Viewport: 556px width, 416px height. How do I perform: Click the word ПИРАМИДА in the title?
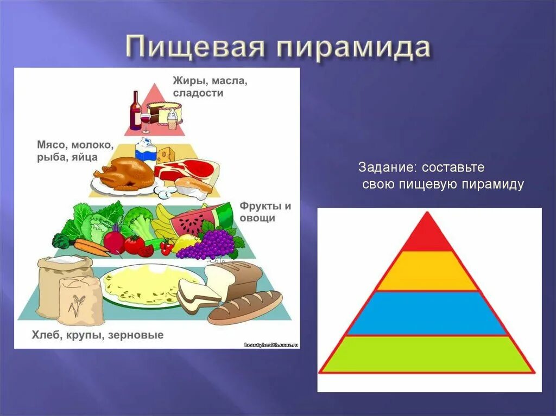coord(353,48)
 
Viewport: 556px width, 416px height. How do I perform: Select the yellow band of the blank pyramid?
coord(427,271)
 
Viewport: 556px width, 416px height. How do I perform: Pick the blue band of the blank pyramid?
coord(427,313)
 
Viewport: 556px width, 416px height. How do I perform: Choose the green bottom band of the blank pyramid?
coord(427,354)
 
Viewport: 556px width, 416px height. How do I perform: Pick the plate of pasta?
coord(142,286)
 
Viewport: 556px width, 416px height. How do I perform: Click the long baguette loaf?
coord(245,308)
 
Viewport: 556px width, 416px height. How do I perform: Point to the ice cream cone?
coord(172,119)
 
